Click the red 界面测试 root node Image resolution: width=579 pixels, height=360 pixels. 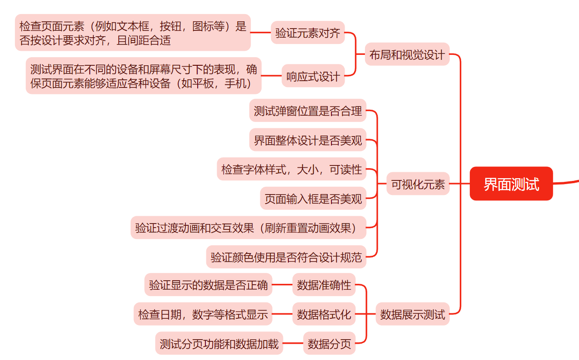pos(511,184)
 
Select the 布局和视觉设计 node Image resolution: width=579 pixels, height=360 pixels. pos(407,54)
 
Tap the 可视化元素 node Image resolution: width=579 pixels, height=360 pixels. pos(418,184)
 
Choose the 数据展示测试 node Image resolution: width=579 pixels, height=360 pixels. pos(412,314)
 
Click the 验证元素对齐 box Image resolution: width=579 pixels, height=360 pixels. pos(307,33)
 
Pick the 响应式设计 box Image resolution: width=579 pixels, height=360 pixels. pos(313,76)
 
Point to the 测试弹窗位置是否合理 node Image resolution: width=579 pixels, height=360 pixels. pos(307,111)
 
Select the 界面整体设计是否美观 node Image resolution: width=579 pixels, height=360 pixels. pos(307,140)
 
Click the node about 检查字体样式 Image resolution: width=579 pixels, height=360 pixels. pos(291,169)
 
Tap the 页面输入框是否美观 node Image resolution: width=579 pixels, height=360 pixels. pos(313,198)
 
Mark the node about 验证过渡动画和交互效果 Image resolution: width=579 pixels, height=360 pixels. pos(248,228)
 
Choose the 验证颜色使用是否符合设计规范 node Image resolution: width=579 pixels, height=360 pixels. pos(286,257)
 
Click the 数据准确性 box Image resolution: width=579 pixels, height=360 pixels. pos(324,285)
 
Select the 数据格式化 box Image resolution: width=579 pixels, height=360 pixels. pos(324,314)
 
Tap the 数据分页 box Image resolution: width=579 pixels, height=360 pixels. pos(329,343)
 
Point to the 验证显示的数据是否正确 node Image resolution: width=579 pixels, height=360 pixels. pos(208,285)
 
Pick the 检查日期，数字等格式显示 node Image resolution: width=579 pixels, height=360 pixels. pos(203,314)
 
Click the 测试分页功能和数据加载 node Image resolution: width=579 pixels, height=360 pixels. pos(219,343)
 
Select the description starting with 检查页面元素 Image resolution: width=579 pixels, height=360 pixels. pos(132,33)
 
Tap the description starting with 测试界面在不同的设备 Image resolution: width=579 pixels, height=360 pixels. pos(143,76)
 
